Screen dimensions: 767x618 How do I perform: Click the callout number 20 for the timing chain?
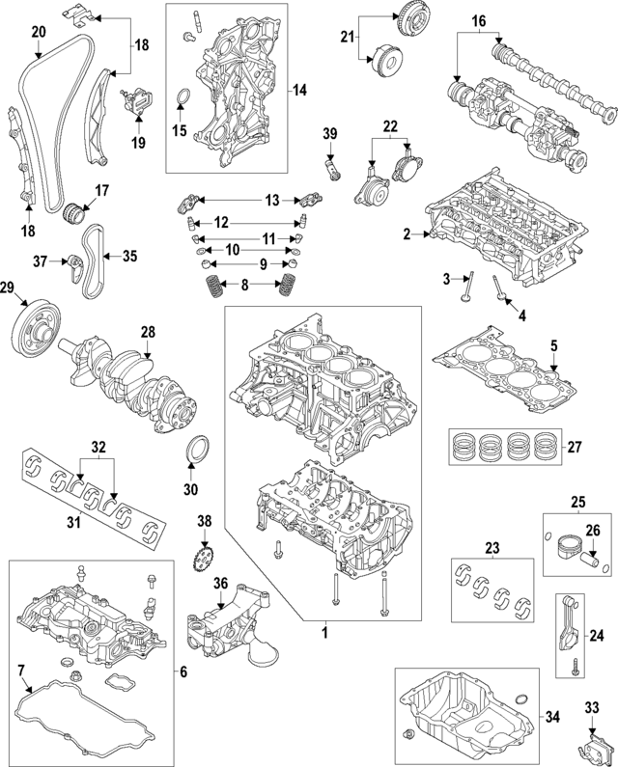[39, 32]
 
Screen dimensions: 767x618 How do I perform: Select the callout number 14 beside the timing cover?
[299, 90]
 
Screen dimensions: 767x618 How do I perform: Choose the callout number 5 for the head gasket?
[554, 345]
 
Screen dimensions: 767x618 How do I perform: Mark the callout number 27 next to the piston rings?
[574, 447]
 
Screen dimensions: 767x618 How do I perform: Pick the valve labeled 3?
[468, 291]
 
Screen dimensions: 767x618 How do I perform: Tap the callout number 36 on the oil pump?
[220, 583]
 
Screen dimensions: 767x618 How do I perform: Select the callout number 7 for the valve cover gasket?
[20, 669]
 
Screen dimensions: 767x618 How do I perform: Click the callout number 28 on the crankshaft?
[148, 332]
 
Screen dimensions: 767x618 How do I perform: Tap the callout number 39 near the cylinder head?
[329, 133]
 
